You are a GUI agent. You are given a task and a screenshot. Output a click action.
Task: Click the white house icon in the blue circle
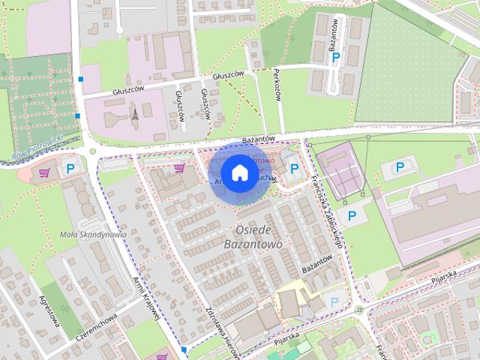point(239,172)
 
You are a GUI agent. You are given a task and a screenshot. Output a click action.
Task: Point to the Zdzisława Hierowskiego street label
point(221,330)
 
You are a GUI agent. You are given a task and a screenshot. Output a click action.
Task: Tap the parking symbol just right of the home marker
point(294,169)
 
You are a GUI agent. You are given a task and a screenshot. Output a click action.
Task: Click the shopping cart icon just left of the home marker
point(178,167)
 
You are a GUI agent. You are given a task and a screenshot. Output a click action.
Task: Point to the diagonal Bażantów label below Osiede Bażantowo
point(316,265)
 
